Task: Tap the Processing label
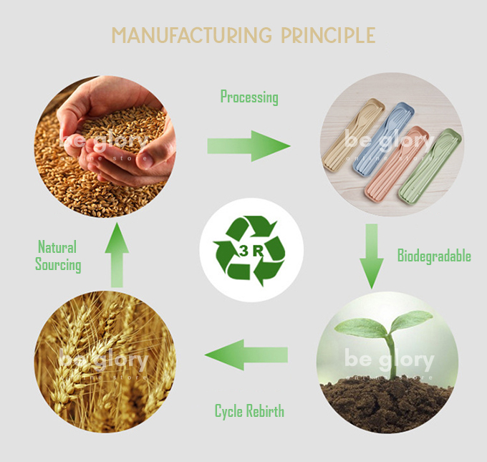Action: [x=249, y=97]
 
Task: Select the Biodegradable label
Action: [x=434, y=256]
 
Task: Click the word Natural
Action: [x=57, y=248]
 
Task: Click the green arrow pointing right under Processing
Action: [x=248, y=146]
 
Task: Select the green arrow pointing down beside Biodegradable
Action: [x=372, y=254]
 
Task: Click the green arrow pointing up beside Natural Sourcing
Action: [x=117, y=259]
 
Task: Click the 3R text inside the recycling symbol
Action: [x=251, y=251]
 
